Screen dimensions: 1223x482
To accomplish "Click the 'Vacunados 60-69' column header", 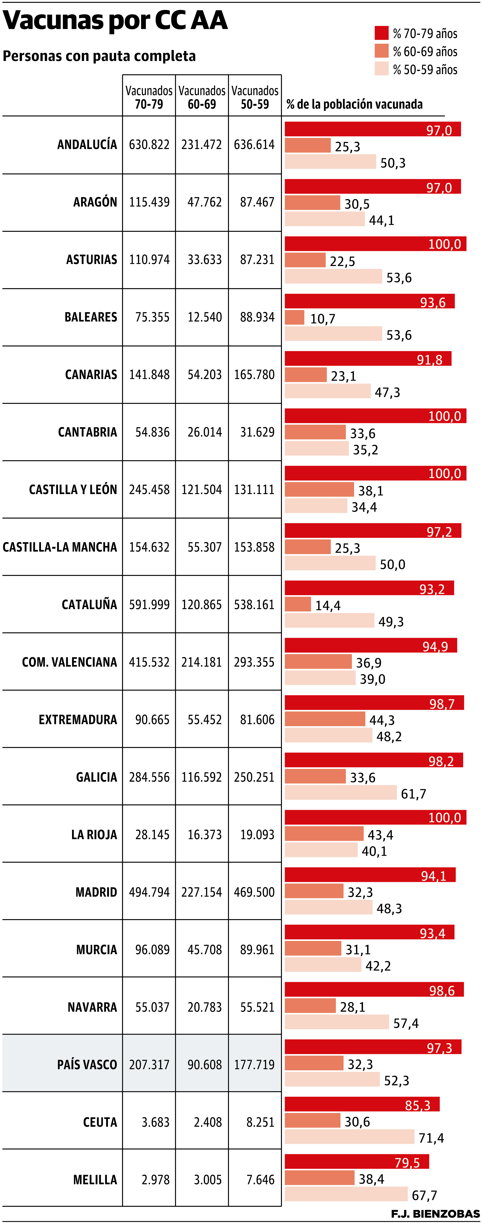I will click(202, 97).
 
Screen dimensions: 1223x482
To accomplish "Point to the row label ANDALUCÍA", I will click(87, 144).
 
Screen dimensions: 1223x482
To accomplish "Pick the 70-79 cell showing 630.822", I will click(149, 144).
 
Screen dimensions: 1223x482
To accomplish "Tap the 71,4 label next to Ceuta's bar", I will click(431, 1138).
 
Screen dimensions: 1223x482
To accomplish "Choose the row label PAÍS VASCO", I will click(87, 1065).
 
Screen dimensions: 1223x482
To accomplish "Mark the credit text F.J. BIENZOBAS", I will click(435, 1213).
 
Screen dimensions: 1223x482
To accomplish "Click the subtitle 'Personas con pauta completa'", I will click(99, 56).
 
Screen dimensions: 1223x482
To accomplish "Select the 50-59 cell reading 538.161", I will click(254, 604).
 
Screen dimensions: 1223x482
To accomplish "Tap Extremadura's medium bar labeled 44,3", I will click(325, 719).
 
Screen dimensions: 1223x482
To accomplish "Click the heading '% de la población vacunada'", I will click(354, 104).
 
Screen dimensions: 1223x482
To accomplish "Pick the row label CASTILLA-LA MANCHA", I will click(60, 547).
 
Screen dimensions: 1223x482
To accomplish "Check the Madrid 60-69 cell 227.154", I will click(202, 892).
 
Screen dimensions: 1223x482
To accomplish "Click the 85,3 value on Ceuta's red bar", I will click(417, 1105).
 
